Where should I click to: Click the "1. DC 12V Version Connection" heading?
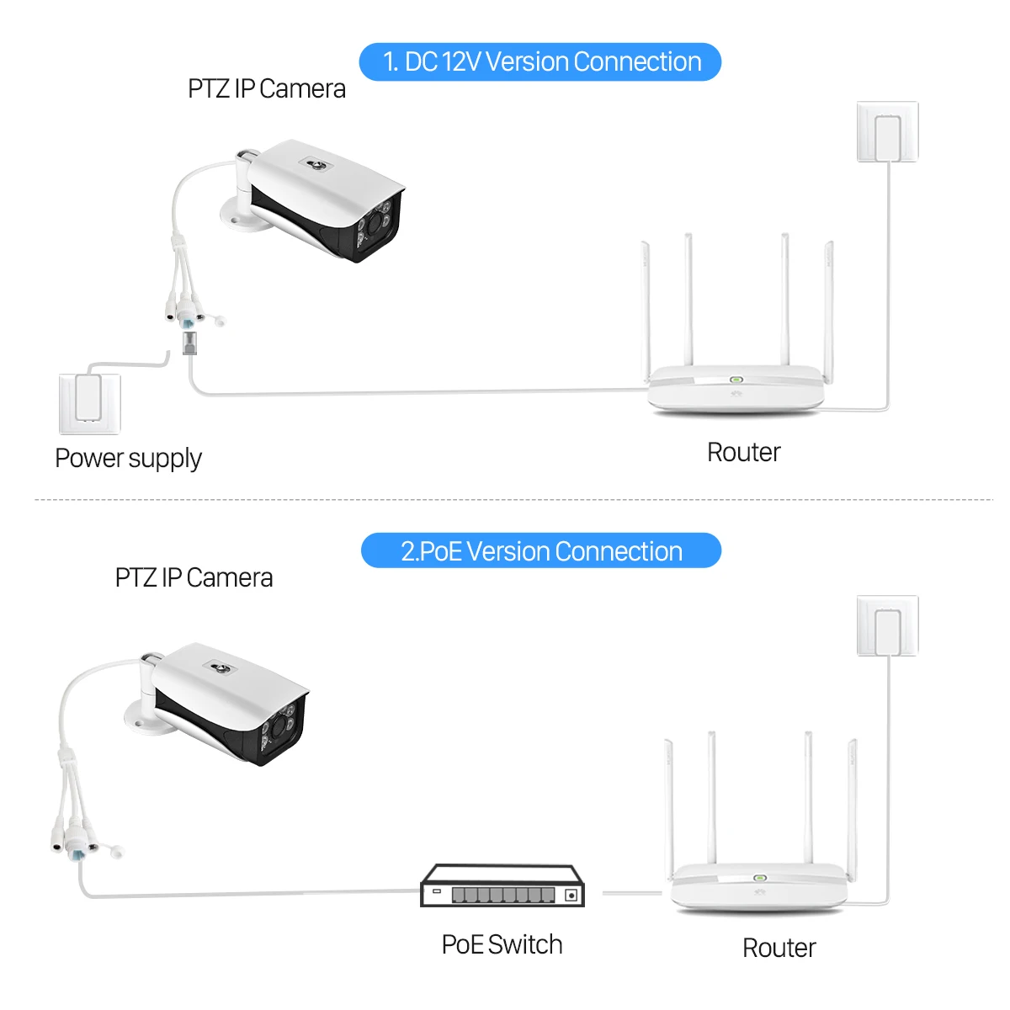click(540, 62)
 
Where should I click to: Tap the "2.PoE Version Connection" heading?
click(540, 551)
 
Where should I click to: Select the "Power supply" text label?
click(128, 459)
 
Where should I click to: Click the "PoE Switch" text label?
click(502, 944)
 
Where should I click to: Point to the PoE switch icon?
click(502, 886)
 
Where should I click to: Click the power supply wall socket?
click(89, 402)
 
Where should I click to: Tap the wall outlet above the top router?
click(887, 132)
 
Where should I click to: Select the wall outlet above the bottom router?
click(887, 626)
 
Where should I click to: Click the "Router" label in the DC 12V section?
click(743, 453)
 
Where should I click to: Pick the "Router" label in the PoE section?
click(779, 948)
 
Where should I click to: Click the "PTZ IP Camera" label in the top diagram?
click(266, 89)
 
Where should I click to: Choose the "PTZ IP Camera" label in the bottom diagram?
click(194, 578)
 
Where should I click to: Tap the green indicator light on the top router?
click(735, 380)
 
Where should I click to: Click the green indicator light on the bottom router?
click(758, 878)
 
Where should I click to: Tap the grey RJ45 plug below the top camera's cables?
click(190, 343)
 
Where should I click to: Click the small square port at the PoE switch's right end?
click(571, 895)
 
